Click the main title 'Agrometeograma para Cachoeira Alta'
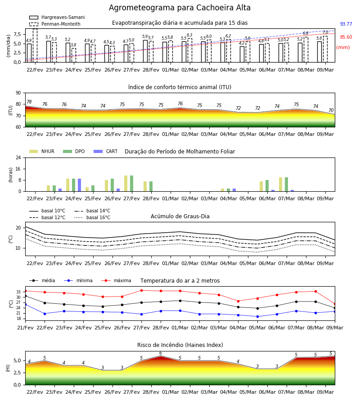coord(180,8)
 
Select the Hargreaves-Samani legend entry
coord(57,17)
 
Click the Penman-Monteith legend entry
coord(55,24)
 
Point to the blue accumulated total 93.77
coord(346,24)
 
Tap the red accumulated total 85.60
coord(346,37)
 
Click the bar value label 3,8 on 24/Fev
coord(74,45)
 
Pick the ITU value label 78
coord(29,102)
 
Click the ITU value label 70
coord(331,110)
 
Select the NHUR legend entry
coord(42,151)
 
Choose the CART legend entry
coord(106,151)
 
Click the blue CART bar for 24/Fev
coord(79,185)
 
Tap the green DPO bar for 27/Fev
coord(132,184)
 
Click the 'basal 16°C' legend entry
coord(92,217)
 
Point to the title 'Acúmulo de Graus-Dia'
coord(180,216)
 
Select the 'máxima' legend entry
coord(116,280)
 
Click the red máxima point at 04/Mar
coord(238,301)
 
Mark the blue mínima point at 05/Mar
coord(257,316)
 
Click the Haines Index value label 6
coord(161,353)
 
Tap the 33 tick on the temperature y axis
coord(18,292)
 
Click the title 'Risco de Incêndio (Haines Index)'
coord(180,345)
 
